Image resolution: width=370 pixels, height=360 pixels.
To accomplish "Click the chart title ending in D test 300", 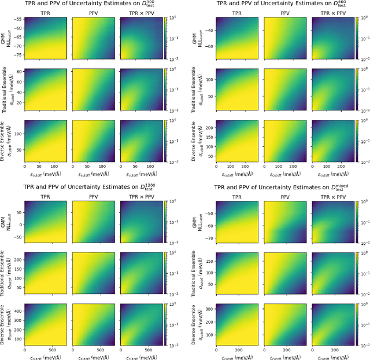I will [x=95, y=5].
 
